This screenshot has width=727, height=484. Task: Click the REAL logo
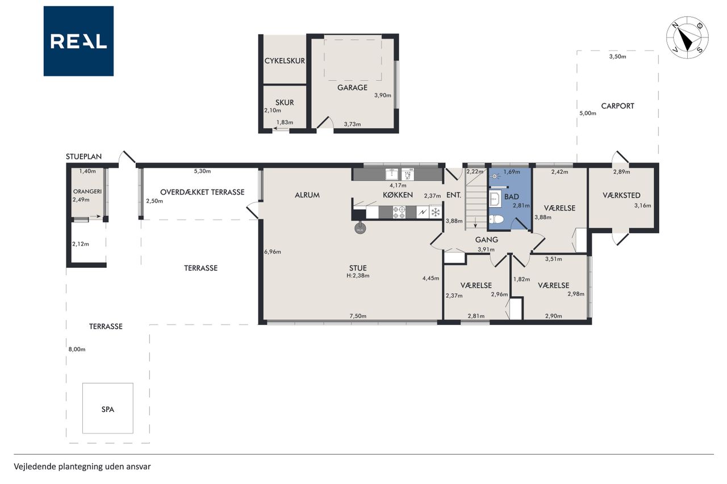pos(78,41)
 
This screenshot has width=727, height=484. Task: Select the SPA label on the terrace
pos(108,410)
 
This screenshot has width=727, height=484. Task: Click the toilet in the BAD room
pos(496,220)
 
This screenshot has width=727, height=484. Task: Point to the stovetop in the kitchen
pos(399,212)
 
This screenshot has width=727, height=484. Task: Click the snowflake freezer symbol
pos(435,213)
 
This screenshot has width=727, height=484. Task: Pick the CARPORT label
pos(617,106)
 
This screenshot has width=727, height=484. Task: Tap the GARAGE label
pos(352,87)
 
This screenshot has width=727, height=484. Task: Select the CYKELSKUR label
pos(285,61)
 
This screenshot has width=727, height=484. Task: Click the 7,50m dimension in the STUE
pos(358,315)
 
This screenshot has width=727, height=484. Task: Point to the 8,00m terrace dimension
pos(77,350)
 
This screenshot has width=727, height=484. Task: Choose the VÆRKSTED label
pos(621,195)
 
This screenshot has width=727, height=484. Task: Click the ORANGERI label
pos(87,192)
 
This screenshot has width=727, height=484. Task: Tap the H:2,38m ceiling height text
pos(358,276)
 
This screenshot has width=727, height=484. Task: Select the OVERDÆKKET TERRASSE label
pos(202,192)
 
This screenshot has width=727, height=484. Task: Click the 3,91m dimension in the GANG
pos(486,250)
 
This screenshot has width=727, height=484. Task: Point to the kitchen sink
pos(392,174)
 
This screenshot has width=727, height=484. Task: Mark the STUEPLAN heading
pos(83,157)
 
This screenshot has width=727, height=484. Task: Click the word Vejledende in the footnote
pos(35,467)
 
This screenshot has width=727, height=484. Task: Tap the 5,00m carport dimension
pos(588,113)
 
